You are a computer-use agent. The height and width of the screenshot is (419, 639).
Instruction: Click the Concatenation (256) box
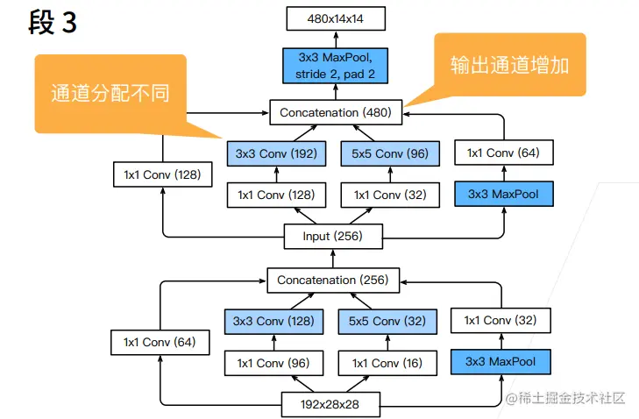point(333,281)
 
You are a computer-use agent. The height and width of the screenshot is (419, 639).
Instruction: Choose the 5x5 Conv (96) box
point(389,154)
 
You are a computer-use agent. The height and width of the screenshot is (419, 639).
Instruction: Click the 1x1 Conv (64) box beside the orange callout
point(503,153)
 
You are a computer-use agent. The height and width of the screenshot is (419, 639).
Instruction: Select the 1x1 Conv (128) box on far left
point(163,174)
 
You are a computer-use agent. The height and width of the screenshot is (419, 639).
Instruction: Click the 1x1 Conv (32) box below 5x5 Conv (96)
point(389,195)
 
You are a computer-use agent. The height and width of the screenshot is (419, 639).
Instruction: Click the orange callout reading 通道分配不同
point(110,92)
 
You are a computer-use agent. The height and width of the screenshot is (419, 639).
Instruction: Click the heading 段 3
point(53,22)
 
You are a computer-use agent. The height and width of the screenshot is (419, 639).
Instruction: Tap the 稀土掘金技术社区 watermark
point(565,399)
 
